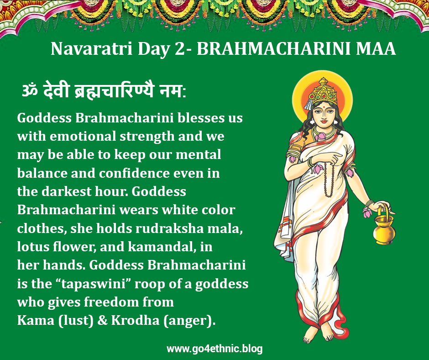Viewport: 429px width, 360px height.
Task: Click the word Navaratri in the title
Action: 92,48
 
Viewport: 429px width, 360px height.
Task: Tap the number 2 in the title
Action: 180,48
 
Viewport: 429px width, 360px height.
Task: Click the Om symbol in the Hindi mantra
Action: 30,90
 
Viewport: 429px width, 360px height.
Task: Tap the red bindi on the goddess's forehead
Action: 323,106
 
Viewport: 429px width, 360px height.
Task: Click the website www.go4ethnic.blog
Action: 214,349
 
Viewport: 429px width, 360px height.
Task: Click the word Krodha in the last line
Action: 135,320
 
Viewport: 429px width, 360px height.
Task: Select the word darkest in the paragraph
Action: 66,191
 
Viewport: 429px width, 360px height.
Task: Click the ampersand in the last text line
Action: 102,320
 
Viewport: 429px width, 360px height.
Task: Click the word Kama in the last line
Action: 36,320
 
